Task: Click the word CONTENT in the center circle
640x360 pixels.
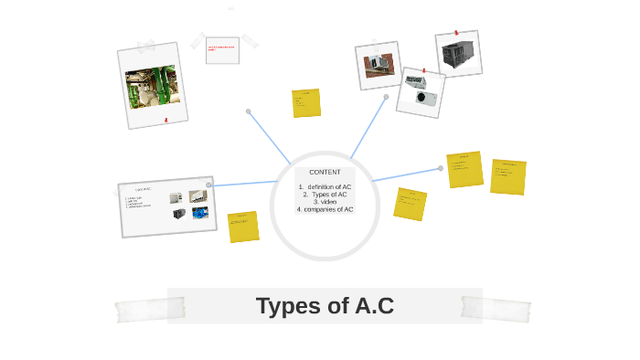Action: point(325,172)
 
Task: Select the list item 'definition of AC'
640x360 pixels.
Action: point(327,186)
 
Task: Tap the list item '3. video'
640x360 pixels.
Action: point(325,201)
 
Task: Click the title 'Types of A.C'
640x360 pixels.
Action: point(325,306)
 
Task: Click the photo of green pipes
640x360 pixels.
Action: point(152,86)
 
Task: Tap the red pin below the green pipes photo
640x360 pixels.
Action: point(165,120)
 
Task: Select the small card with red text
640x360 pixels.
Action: point(222,50)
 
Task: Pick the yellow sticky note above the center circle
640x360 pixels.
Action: point(306,103)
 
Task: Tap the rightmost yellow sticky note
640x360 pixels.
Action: point(508,176)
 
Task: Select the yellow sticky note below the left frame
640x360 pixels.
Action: point(243,227)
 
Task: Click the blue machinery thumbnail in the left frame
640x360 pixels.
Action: point(199,213)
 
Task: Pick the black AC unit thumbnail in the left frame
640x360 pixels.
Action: point(179,214)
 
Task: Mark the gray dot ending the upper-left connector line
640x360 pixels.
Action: point(248,111)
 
